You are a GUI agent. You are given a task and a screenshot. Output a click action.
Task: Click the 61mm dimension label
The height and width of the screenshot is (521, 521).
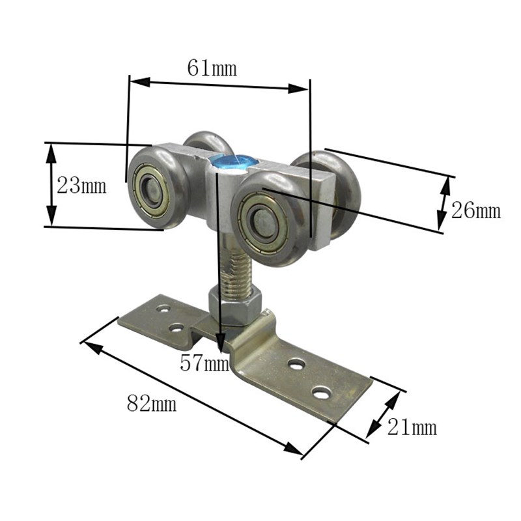(x=212, y=68)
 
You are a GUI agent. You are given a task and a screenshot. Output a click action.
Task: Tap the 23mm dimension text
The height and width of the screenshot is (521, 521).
(x=81, y=186)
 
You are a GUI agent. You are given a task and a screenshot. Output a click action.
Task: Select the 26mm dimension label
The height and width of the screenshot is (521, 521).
(x=476, y=210)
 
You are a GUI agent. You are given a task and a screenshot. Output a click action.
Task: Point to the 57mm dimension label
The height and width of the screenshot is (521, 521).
(x=204, y=363)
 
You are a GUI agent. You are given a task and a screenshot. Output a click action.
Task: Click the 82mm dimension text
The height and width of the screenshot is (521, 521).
(x=152, y=403)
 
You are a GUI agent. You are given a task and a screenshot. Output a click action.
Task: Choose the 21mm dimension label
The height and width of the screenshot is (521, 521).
(x=412, y=427)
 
